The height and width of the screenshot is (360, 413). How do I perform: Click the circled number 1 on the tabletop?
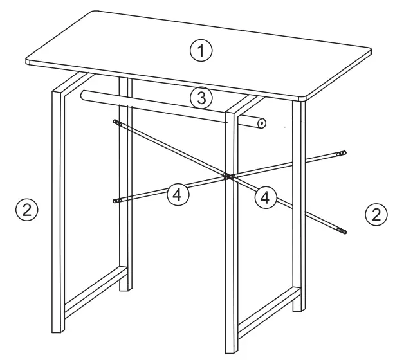point(203,50)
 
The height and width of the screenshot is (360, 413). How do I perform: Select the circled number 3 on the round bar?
point(201,98)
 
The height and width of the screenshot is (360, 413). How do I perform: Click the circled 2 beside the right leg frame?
point(376,213)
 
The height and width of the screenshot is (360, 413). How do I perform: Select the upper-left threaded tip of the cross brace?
point(116,122)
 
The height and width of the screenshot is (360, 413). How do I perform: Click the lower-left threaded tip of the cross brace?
point(116,201)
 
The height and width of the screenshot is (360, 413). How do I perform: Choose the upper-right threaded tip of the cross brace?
point(342,153)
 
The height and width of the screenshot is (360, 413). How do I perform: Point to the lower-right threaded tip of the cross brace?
point(342,230)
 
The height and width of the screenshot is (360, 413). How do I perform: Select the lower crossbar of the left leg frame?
point(93,294)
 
